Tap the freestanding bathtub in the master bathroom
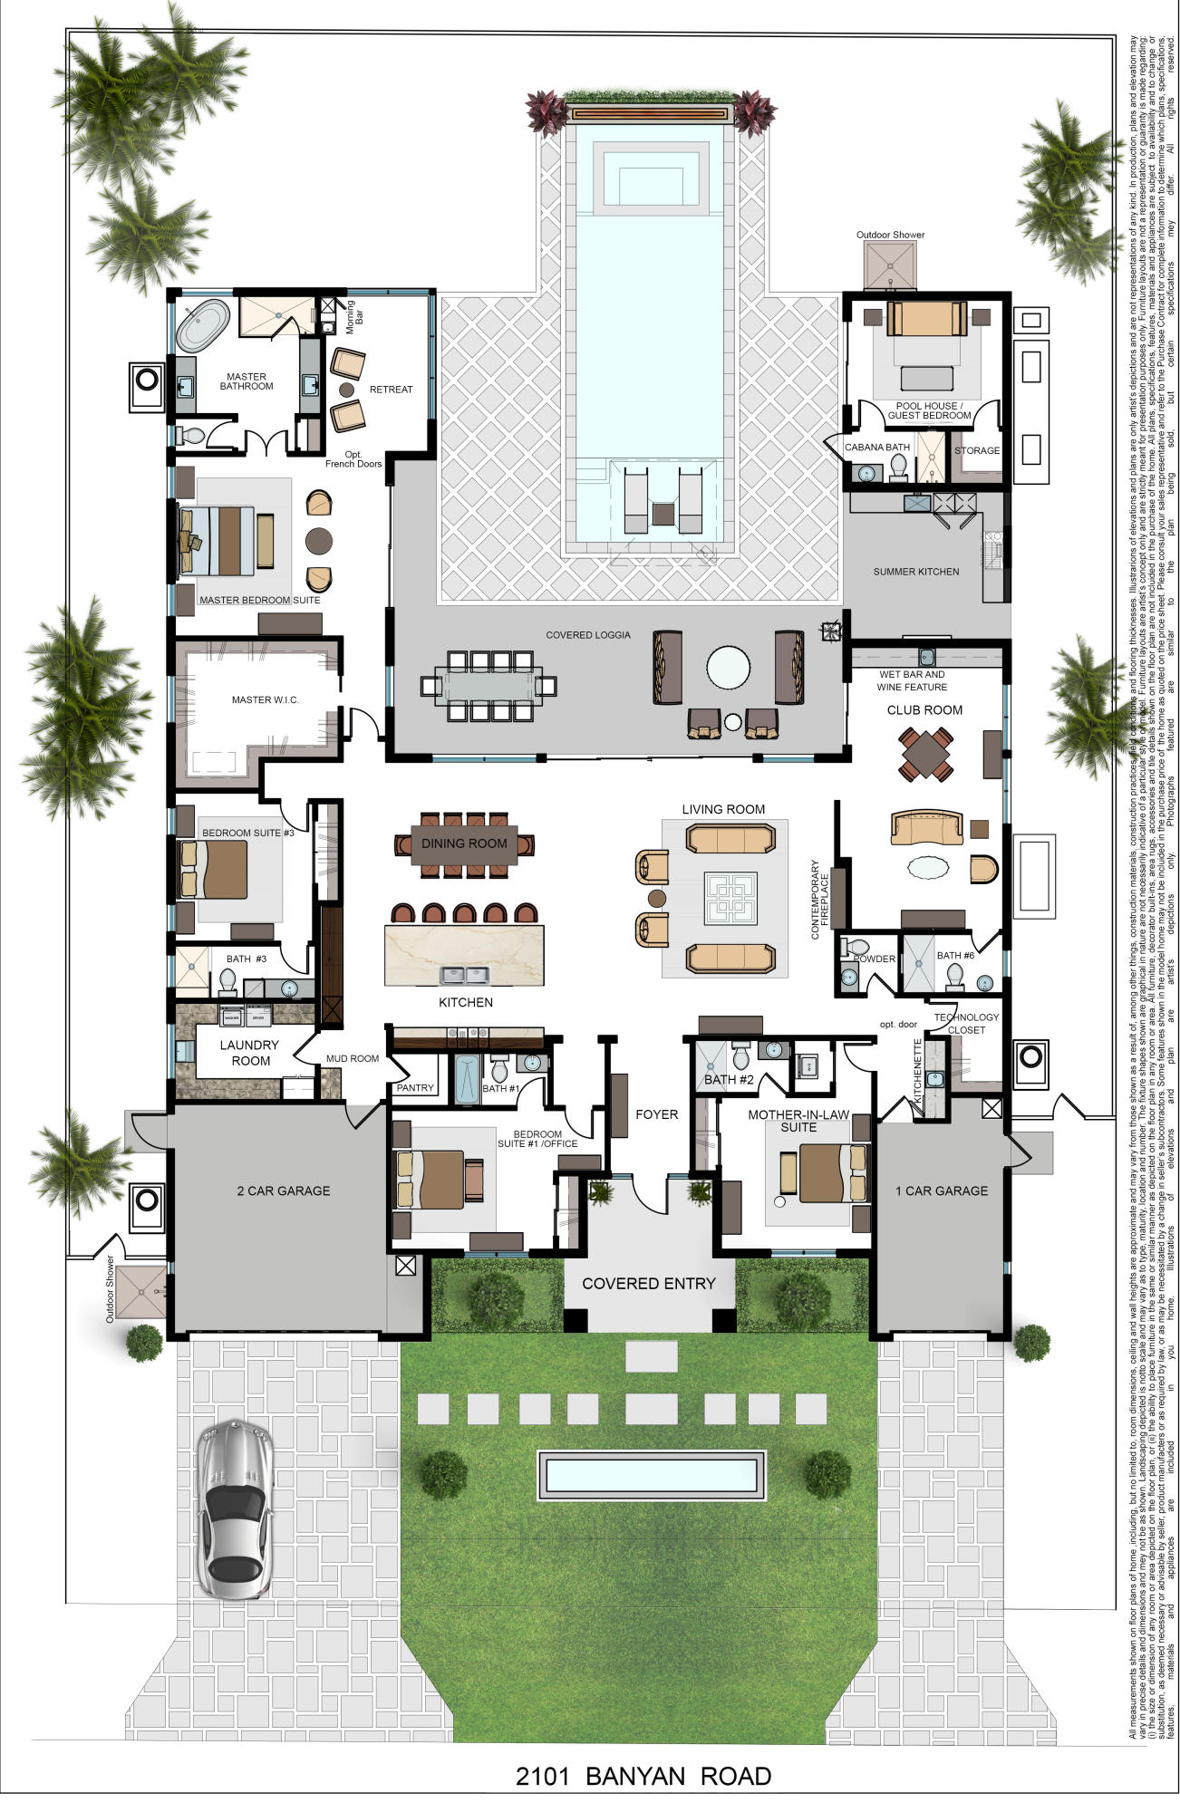pos(203,325)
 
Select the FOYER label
pos(656,1114)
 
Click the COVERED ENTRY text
pos(648,1283)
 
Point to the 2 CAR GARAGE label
pos(283,1190)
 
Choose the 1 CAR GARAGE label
pos(941,1190)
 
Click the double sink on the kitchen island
pos(464,975)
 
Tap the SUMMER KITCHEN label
pos(915,572)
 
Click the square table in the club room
pos(925,753)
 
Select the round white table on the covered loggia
pos(729,669)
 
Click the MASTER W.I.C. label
pos(265,699)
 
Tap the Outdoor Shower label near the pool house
pos(890,235)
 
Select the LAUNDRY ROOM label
pos(250,1052)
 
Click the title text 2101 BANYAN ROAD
pos(643,1776)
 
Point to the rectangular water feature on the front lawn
pos(651,1475)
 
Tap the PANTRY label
pos(415,1087)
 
